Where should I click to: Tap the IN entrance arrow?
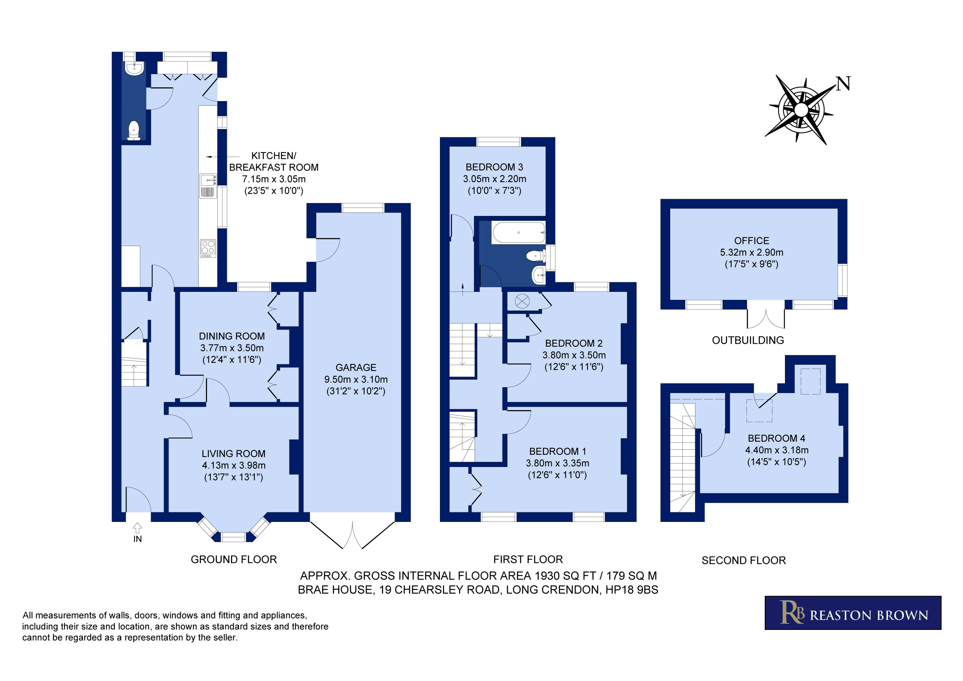point(137,528)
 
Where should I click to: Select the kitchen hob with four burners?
point(208,248)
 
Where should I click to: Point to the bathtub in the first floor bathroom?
point(519,233)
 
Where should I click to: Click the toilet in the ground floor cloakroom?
point(134,130)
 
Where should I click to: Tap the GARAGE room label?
point(356,367)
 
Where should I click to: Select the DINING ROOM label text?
point(232,336)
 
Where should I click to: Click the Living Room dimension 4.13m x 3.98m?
point(234,465)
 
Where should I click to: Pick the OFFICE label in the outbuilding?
point(752,241)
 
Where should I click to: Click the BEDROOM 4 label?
point(776,438)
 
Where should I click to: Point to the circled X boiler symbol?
point(522,301)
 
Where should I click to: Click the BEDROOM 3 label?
point(494,167)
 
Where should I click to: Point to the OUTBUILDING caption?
point(748,340)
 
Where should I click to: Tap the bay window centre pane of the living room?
point(234,537)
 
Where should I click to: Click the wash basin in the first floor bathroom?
point(539,276)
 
